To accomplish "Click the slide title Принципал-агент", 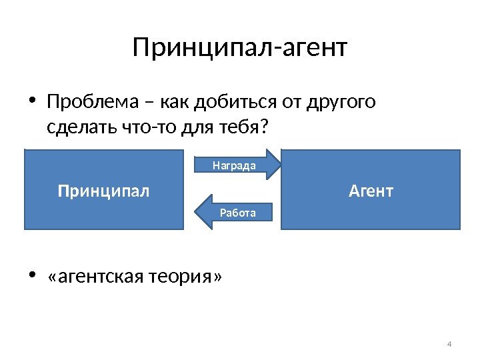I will coord(240,48).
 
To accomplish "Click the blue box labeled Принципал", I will coord(103,191).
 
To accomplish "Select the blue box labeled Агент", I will coord(371,191).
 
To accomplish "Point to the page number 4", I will coord(449,344).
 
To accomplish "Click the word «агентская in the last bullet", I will coord(93,276).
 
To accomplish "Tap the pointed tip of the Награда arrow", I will coord(281,165).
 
